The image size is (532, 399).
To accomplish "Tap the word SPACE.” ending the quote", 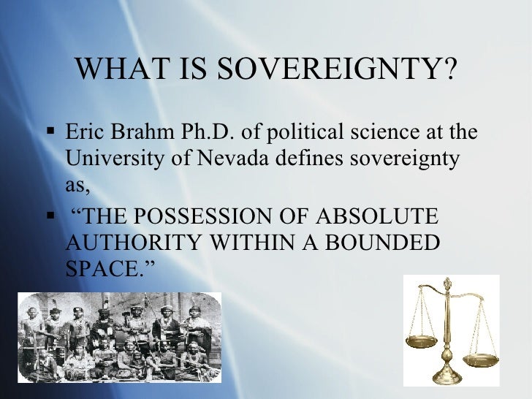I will pyautogui.click(x=110, y=267).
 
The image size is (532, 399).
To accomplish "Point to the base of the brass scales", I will pyautogui.click(x=447, y=376).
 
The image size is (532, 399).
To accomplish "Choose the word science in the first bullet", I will pyautogui.click(x=384, y=134).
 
